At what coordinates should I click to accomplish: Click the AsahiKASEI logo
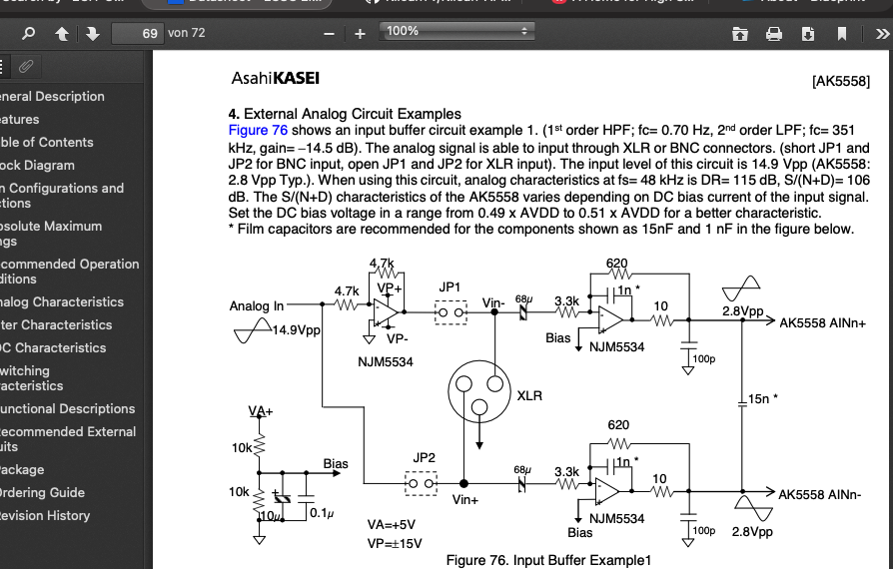pyautogui.click(x=275, y=78)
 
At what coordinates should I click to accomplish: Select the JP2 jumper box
pyautogui.click(x=423, y=483)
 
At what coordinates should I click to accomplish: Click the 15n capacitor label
pyautogui.click(x=764, y=399)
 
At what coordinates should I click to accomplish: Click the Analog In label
pyautogui.click(x=257, y=306)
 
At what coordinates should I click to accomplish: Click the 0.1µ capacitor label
pyautogui.click(x=321, y=513)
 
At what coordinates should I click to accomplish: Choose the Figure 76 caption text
pyautogui.click(x=548, y=560)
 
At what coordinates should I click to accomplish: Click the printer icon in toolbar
pyautogui.click(x=773, y=33)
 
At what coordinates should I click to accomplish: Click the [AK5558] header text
pyautogui.click(x=841, y=81)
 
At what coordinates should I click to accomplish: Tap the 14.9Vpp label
pyautogui.click(x=297, y=330)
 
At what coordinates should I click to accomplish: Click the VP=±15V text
pyautogui.click(x=396, y=543)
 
